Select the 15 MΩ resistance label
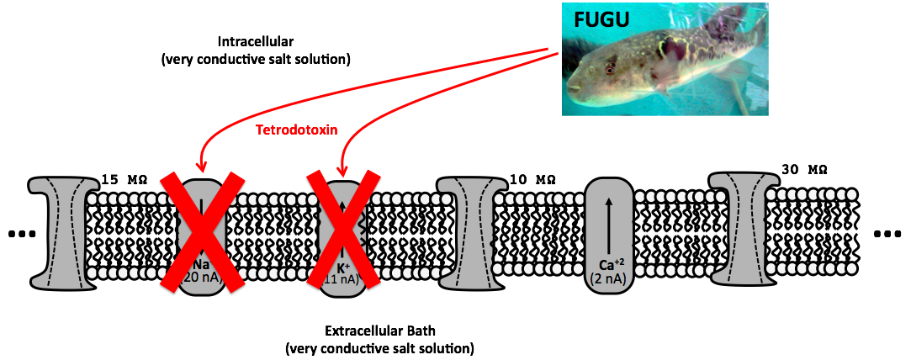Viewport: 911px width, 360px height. coord(124,179)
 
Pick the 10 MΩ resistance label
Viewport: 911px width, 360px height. coord(532,179)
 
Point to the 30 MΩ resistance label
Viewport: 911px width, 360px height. coord(804,169)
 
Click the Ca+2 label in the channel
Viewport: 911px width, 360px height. coord(608,264)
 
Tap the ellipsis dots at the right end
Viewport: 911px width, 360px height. coord(888,233)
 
